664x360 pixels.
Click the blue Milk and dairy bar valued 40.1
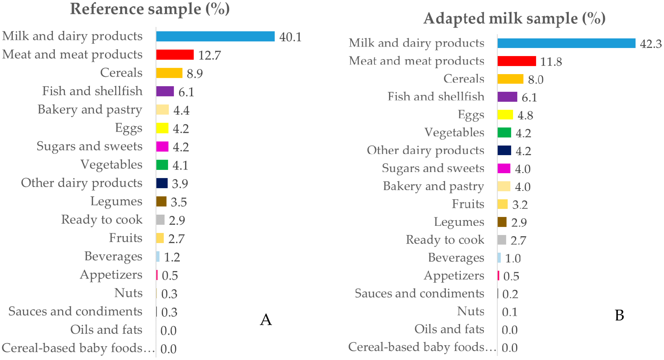[x=215, y=36]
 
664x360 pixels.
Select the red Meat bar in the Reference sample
[x=175, y=55]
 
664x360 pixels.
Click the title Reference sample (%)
[x=150, y=9]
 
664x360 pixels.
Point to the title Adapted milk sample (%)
[x=514, y=19]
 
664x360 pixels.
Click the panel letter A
[x=266, y=319]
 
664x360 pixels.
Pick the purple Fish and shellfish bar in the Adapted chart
[x=507, y=97]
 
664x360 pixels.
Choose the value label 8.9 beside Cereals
[x=195, y=74]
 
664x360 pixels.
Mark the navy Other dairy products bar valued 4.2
[x=504, y=150]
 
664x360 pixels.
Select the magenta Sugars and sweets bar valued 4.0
[x=504, y=168]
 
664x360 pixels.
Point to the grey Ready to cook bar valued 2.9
[x=160, y=220]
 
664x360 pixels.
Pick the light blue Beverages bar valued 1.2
[x=158, y=257]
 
